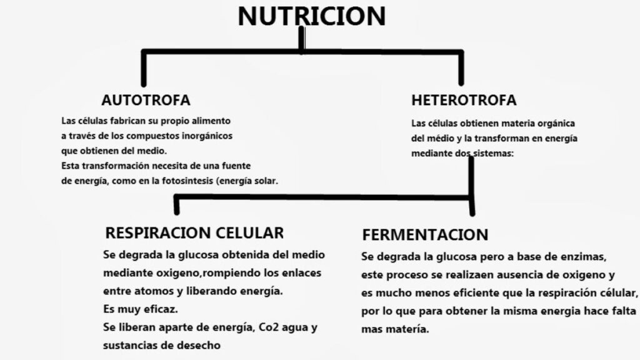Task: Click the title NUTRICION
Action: coord(312,16)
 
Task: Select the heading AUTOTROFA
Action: coord(146,100)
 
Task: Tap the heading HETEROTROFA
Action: coord(464,100)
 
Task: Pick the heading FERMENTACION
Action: coord(425,235)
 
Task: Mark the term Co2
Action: coord(267,327)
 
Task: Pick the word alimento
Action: coord(211,121)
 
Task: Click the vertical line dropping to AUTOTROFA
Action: coord(144,69)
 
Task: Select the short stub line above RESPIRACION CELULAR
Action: coord(176,205)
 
